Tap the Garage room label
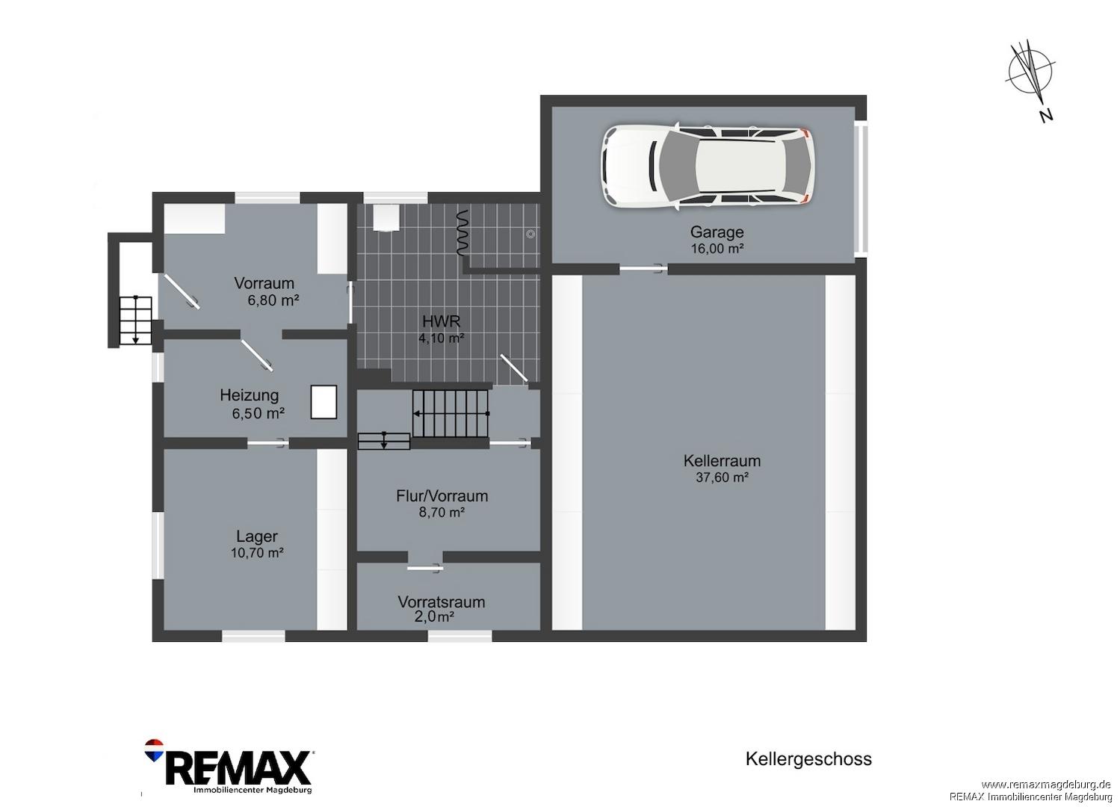pyautogui.click(x=717, y=232)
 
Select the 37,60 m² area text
pyautogui.click(x=722, y=477)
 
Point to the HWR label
pyautogui.click(x=441, y=321)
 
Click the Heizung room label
pyautogui.click(x=249, y=395)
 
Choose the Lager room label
pyautogui.click(x=257, y=537)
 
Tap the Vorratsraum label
pyautogui.click(x=442, y=602)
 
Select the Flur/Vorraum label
pyautogui.click(x=442, y=496)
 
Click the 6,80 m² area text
pyautogui.click(x=273, y=300)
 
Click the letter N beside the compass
pyautogui.click(x=1046, y=116)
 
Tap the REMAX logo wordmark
pyautogui.click(x=238, y=768)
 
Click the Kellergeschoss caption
pyautogui.click(x=808, y=758)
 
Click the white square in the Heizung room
pyautogui.click(x=324, y=401)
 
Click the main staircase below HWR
pyautogui.click(x=451, y=413)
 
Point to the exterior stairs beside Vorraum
pyautogui.click(x=135, y=321)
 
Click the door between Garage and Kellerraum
pyautogui.click(x=643, y=269)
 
